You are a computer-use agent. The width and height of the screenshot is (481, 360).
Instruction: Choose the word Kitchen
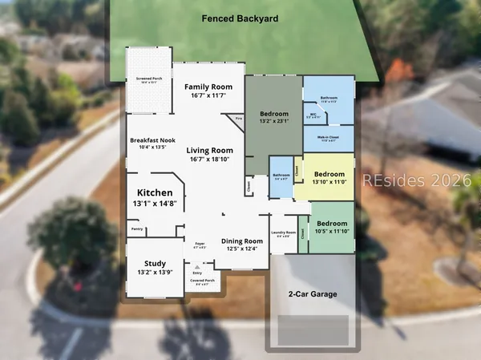click(155, 193)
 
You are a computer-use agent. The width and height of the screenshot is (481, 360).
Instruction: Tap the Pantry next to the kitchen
click(137, 229)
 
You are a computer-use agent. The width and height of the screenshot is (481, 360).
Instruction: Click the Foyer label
click(201, 244)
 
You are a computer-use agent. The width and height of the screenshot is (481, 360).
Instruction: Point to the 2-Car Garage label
click(313, 294)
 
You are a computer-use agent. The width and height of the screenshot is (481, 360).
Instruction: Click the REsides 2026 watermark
click(418, 179)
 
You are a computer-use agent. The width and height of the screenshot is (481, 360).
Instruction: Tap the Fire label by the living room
click(238, 119)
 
